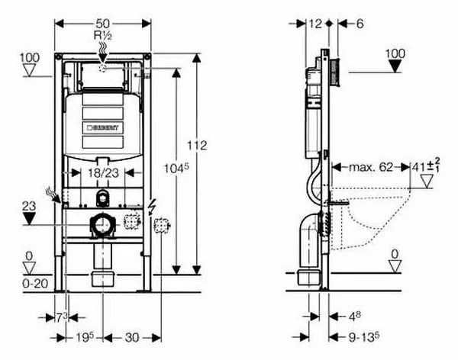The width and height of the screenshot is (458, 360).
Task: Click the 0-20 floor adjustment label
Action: coord(29,283)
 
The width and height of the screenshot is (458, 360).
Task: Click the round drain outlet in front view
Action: coord(99,225)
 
